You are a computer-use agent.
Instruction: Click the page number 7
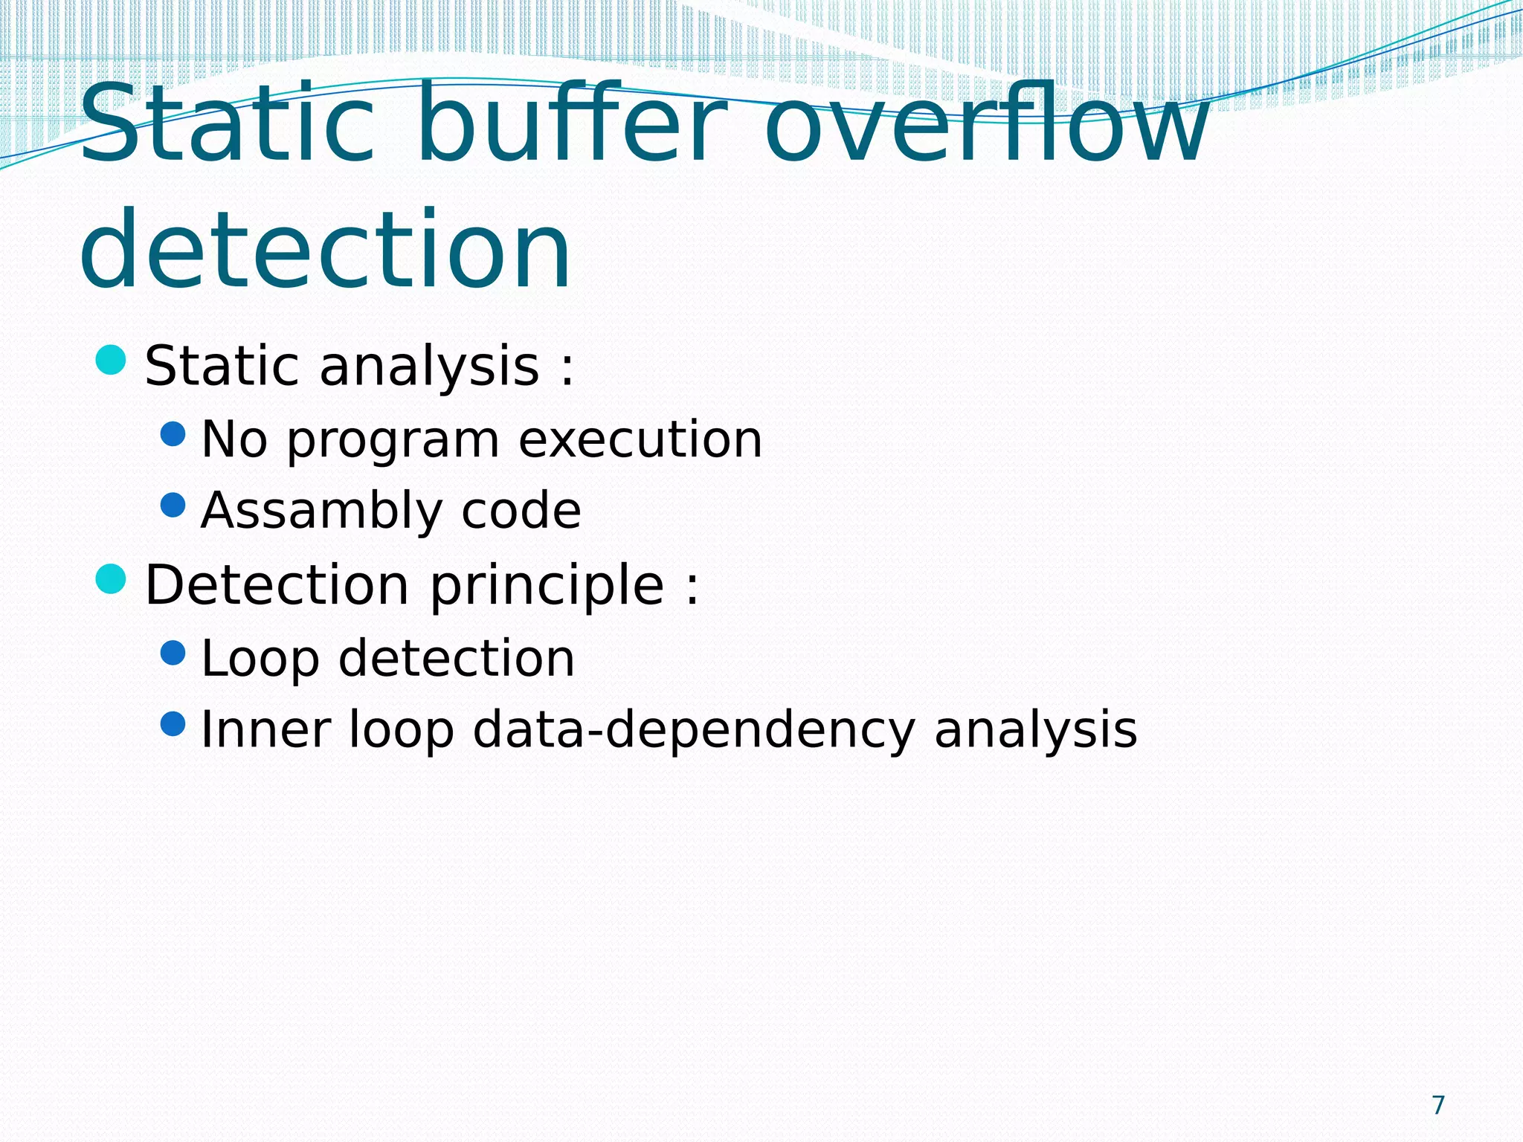[1438, 1105]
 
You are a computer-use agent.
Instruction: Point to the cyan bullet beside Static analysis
[111, 360]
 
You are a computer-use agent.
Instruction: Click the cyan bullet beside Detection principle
[111, 579]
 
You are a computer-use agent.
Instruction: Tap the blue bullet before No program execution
[173, 434]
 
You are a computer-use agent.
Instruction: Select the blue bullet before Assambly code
[173, 506]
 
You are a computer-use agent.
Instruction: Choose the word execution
[640, 439]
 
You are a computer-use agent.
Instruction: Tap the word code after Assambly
[521, 512]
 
